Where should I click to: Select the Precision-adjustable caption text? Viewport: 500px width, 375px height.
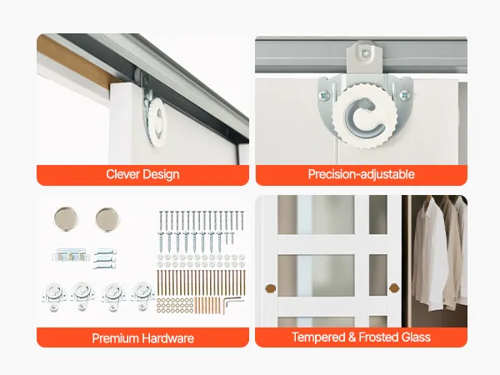point(362,174)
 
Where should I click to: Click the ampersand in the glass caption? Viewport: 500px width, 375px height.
point(352,337)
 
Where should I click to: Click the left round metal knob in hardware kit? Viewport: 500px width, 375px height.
point(66,218)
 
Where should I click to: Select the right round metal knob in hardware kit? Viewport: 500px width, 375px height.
point(107,219)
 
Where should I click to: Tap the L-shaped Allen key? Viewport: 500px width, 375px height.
point(231,303)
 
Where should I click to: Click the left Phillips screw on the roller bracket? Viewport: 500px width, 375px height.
point(324,95)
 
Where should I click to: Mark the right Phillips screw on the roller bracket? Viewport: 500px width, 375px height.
point(405,95)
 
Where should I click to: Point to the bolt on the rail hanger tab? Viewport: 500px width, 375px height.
point(365,53)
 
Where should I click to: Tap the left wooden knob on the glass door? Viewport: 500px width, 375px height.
point(270,289)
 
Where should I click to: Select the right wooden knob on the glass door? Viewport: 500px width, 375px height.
point(394,288)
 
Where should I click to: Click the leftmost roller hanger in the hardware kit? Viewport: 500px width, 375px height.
point(53,296)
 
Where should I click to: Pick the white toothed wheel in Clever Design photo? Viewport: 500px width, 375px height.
point(157,122)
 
